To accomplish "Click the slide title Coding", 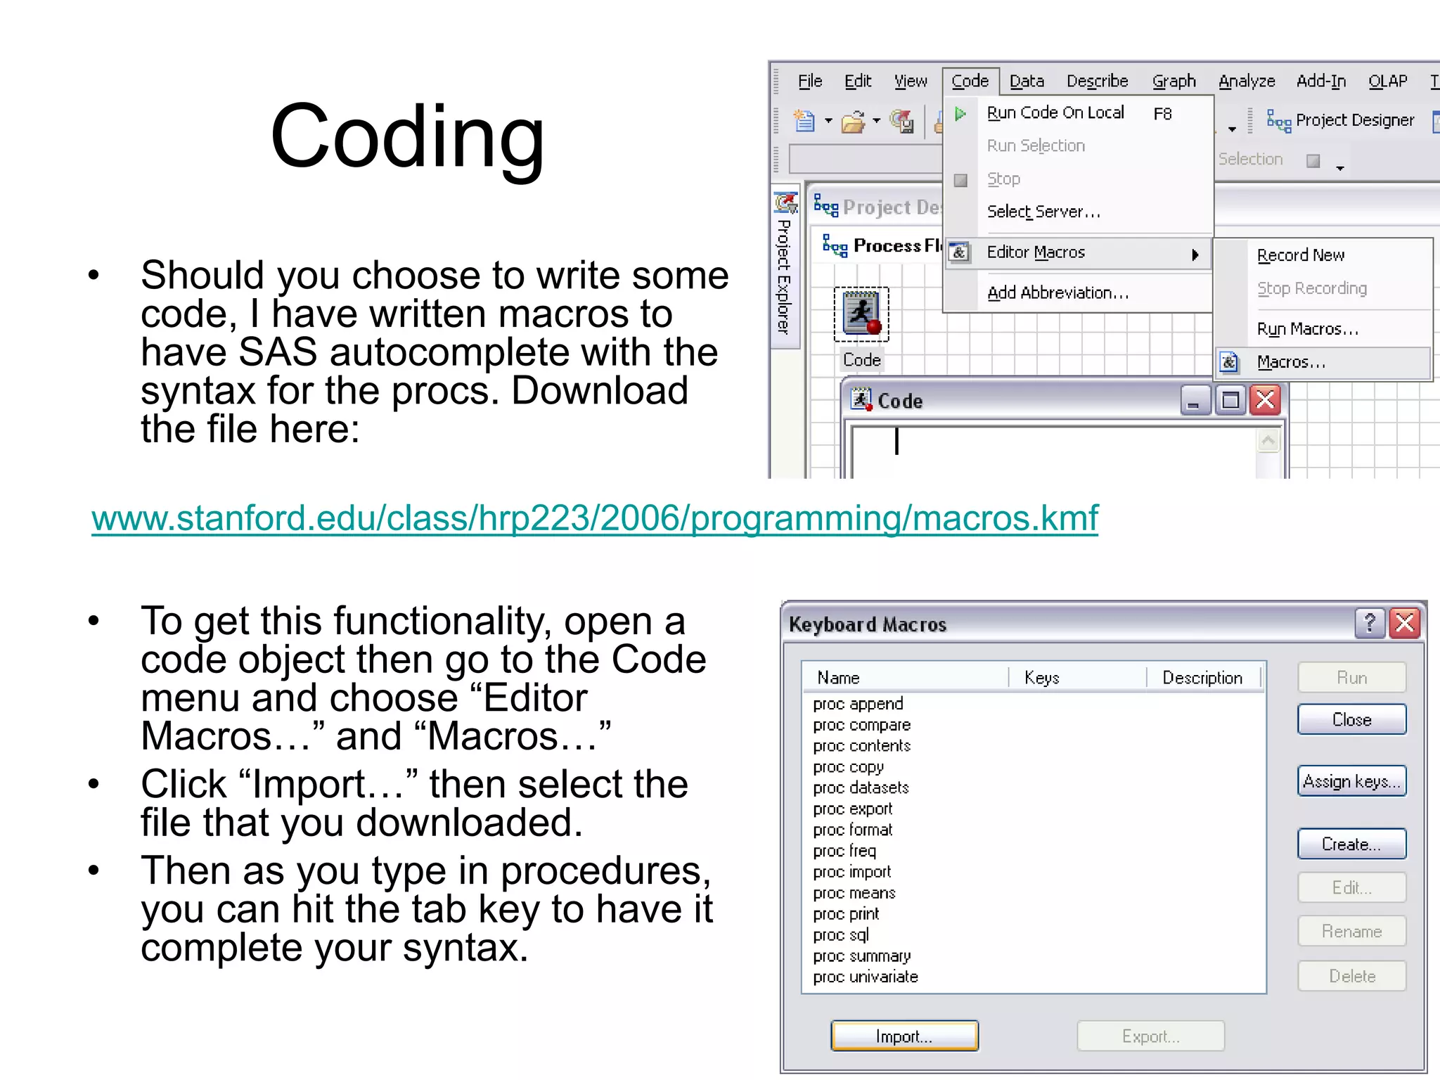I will click(x=407, y=136).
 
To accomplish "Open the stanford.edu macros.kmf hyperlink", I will click(x=594, y=518).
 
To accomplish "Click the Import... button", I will click(x=904, y=1036).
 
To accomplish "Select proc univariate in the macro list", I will click(x=866, y=977).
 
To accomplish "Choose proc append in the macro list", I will click(x=858, y=704).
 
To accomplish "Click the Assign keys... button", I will click(x=1351, y=781).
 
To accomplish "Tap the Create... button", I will click(x=1351, y=844).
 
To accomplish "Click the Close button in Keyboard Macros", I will click(x=1351, y=719).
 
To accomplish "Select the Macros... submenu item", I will click(x=1291, y=362).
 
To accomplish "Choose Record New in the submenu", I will click(x=1300, y=255).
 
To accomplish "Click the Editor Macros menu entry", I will click(x=1036, y=252).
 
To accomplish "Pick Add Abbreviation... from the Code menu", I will click(x=1057, y=292).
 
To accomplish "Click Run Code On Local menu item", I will click(x=1055, y=113).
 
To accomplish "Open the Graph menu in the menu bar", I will click(x=1174, y=82).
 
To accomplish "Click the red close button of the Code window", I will click(x=1266, y=401).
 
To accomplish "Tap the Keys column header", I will click(x=1041, y=678).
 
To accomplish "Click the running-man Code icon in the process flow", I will click(x=861, y=314).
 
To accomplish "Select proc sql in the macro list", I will click(x=841, y=935).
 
